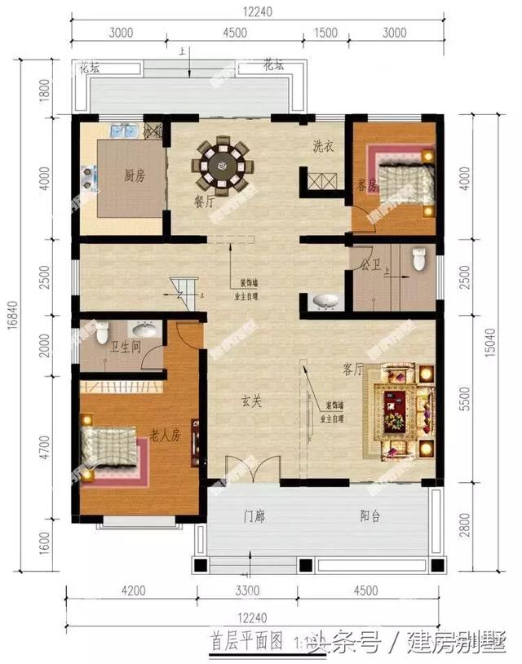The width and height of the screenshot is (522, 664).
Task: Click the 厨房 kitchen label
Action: [135, 175]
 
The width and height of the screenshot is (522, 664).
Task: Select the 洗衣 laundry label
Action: [323, 147]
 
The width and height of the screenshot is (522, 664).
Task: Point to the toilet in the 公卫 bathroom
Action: [419, 259]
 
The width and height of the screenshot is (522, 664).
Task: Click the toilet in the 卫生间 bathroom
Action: [102, 333]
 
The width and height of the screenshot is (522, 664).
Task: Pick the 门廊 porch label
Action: [256, 516]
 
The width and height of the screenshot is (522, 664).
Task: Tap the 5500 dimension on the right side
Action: [466, 397]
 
